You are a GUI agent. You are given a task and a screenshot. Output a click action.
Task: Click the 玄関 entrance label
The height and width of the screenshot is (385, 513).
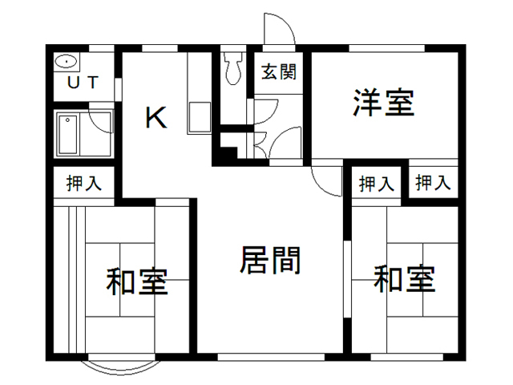pos(279,71)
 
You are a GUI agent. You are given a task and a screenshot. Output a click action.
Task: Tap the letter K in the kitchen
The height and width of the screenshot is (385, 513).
pos(156,118)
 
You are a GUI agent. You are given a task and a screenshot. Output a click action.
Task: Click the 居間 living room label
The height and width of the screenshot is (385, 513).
pos(270,261)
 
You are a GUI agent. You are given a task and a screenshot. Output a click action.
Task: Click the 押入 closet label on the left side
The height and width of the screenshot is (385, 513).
pos(83,183)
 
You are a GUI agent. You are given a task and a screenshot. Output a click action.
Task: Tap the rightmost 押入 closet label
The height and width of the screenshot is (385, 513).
pos(433,182)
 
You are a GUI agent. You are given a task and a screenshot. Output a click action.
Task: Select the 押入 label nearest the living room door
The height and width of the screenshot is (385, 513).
pos(376,184)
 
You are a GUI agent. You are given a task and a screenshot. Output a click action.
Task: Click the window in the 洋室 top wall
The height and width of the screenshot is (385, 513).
pos(386,48)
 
